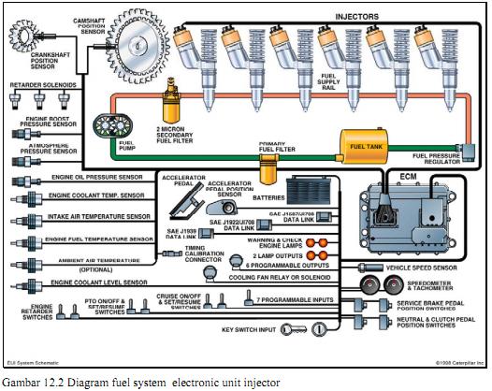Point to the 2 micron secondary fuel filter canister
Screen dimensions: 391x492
(x=171, y=94)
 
